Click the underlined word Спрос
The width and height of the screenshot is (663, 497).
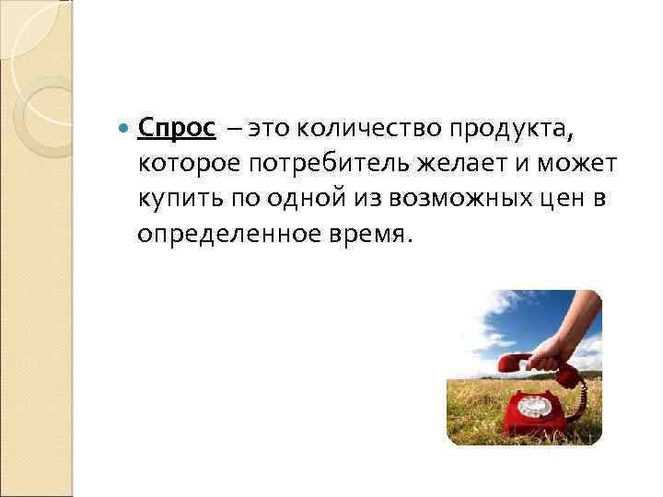click(176, 128)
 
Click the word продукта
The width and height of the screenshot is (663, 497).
click(509, 130)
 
